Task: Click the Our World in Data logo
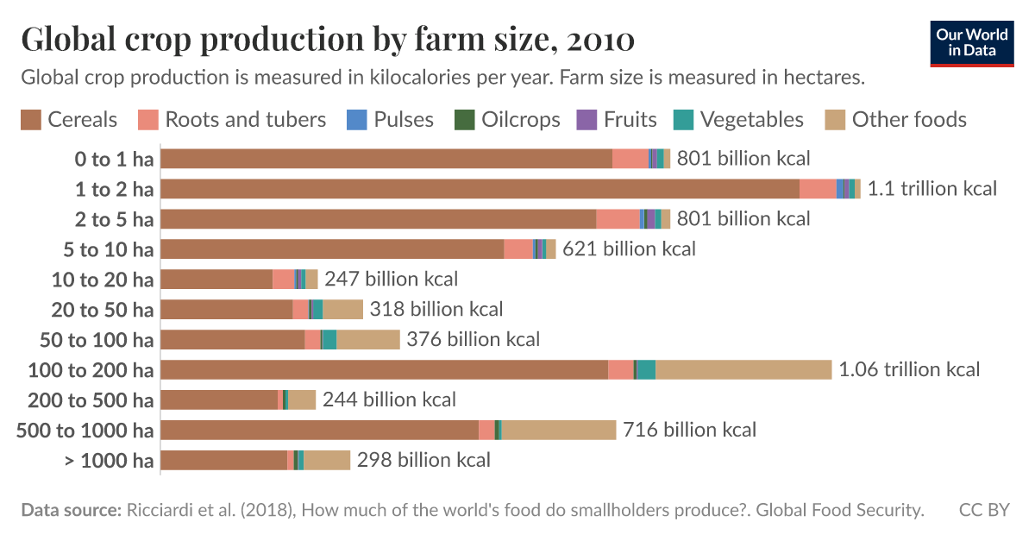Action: [971, 41]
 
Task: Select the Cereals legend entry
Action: [69, 120]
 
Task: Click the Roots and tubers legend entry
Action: [234, 120]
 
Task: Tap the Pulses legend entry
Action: [392, 120]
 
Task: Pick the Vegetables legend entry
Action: [737, 120]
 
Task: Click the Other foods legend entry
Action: [896, 120]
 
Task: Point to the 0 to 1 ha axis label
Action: [114, 159]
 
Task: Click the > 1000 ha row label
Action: [110, 461]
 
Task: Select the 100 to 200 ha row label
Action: [91, 370]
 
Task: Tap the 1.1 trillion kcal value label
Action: [931, 189]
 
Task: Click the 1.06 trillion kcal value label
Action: [909, 370]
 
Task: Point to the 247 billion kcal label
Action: [391, 280]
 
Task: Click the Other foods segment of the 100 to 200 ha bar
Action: [743, 370]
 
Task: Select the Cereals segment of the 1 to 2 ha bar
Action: [480, 189]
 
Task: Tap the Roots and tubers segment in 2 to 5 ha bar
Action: [618, 219]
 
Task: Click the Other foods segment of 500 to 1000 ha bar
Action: [558, 431]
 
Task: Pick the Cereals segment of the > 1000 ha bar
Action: [223, 461]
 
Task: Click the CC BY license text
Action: [983, 511]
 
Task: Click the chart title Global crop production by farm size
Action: [328, 41]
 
